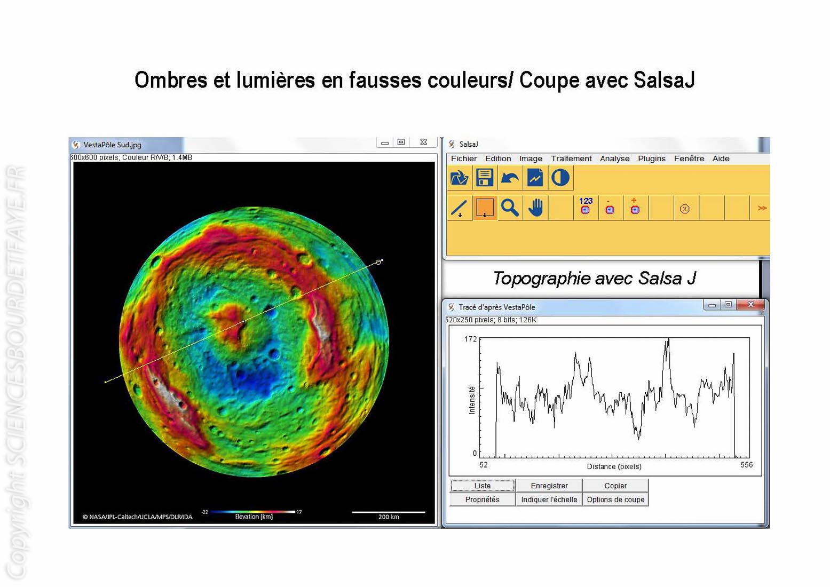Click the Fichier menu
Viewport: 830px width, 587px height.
(x=463, y=158)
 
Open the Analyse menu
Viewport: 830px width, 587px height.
(x=614, y=158)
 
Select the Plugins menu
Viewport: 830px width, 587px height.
(x=651, y=158)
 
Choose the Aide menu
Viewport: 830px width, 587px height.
(x=721, y=158)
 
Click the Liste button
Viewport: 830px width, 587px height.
(x=483, y=486)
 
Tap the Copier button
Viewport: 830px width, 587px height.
(x=615, y=486)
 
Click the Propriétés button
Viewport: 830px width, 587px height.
(x=483, y=499)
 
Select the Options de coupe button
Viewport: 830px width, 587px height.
(x=615, y=499)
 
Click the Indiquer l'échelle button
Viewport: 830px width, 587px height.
(x=549, y=499)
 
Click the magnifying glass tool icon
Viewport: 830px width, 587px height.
(x=510, y=208)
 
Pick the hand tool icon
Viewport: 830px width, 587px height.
(x=535, y=208)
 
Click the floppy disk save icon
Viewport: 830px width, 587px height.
(x=484, y=177)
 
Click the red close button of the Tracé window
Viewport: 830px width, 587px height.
(x=750, y=304)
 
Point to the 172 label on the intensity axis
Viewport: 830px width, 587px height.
(x=470, y=339)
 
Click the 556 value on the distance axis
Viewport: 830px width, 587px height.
(x=747, y=465)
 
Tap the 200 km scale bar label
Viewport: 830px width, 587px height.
(x=389, y=517)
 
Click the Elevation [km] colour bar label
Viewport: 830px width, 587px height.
(x=254, y=517)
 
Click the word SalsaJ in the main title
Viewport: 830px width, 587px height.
(x=664, y=80)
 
